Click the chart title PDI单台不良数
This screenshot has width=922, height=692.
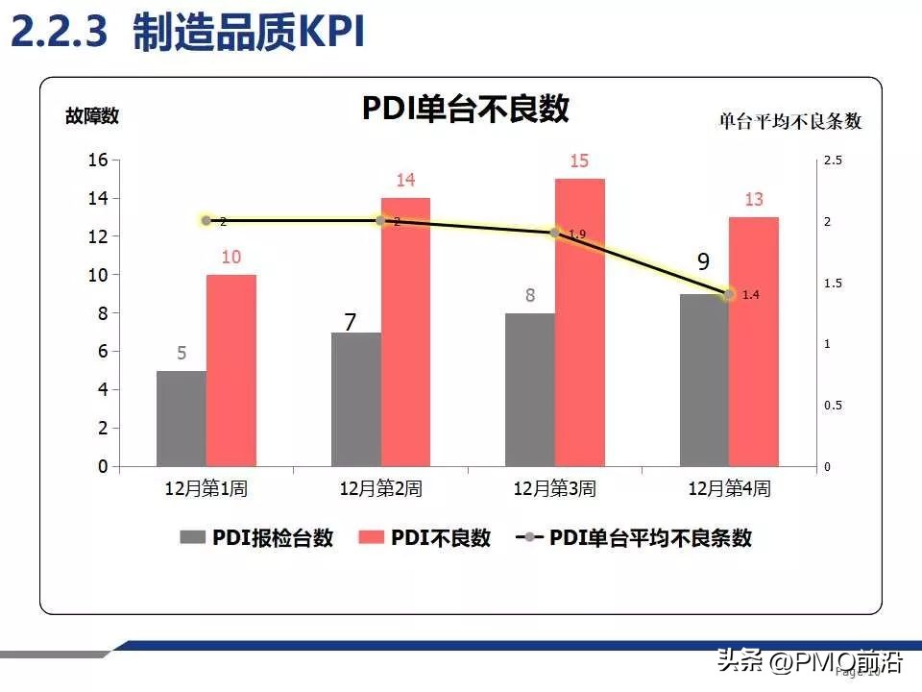465,109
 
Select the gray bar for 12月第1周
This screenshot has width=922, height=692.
182,418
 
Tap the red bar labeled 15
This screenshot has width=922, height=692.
579,322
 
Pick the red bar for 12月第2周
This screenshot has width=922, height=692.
405,332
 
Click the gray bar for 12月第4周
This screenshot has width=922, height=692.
704,380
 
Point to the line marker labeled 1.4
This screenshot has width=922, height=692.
728,294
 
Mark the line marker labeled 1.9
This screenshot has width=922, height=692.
554,233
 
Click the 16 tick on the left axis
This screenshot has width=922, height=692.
98,160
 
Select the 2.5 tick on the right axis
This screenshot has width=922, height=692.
832,161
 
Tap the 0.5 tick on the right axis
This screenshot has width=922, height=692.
832,406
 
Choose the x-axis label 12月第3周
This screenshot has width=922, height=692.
554,488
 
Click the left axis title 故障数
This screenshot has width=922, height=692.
92,116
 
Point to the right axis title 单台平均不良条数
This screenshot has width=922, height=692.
790,121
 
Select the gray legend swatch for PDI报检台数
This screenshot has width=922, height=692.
192,538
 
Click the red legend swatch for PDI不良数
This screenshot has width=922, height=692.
371,538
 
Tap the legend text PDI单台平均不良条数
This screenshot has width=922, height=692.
650,538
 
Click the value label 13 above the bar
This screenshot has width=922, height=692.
754,200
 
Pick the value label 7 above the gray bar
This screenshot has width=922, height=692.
351,323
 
